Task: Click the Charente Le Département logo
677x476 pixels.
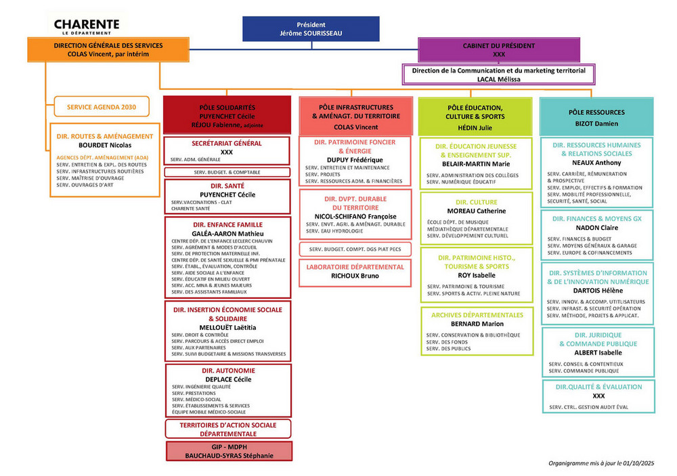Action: (x=87, y=27)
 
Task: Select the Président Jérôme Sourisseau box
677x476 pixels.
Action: (x=311, y=28)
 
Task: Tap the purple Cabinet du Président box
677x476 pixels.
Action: (x=499, y=49)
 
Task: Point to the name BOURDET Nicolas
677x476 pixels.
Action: (x=105, y=145)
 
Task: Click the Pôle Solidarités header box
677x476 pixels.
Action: (x=227, y=116)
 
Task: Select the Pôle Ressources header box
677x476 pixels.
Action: (x=596, y=116)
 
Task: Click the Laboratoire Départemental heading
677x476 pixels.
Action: (x=355, y=267)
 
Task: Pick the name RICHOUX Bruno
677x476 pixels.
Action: (x=355, y=276)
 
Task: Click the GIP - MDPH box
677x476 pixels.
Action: (x=229, y=451)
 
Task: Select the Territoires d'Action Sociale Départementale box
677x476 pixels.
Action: (x=228, y=429)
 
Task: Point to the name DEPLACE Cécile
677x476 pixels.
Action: (x=228, y=379)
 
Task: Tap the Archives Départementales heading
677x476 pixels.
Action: (x=477, y=315)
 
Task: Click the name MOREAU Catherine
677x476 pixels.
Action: (x=477, y=211)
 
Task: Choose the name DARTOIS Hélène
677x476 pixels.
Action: (x=597, y=290)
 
